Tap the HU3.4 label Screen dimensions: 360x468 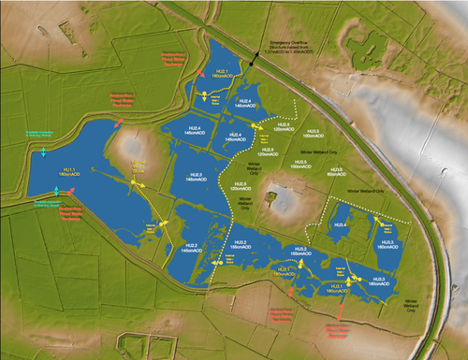point(342,225)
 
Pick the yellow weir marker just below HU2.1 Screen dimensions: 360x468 point(202,96)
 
